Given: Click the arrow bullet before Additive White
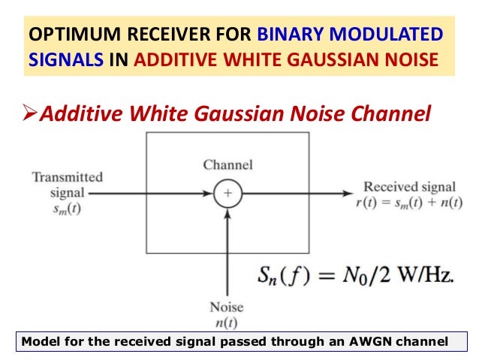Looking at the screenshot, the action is click(27, 113).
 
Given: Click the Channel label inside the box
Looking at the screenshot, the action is click(227, 165).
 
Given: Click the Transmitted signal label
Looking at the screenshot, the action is click(67, 185).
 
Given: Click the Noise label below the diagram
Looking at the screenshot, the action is click(226, 307).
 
